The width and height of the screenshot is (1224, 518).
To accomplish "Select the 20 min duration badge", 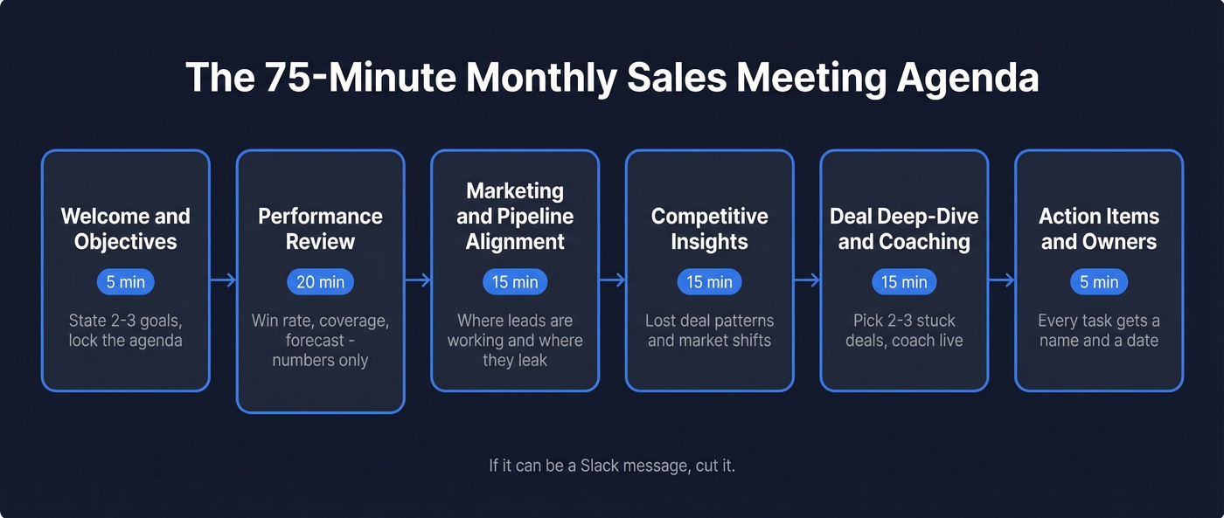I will pyautogui.click(x=320, y=282).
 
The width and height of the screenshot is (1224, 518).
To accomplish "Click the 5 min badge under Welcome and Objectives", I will pyautogui.click(x=126, y=282).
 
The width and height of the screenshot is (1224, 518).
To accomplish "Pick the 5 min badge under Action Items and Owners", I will pyautogui.click(x=1099, y=282).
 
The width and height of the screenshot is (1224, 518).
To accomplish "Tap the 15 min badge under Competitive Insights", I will pyautogui.click(x=709, y=282).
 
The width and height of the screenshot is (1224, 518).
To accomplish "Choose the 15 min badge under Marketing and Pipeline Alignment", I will pyautogui.click(x=515, y=282).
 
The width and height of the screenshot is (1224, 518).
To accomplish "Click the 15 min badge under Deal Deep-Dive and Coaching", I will pyautogui.click(x=904, y=282).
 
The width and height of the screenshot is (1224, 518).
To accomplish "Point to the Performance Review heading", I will pyautogui.click(x=320, y=229).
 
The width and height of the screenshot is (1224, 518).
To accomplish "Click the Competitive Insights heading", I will pyautogui.click(x=709, y=229).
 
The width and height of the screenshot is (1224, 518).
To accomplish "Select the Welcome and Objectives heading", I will pyautogui.click(x=126, y=229).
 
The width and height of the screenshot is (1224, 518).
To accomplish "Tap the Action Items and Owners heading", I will pyautogui.click(x=1099, y=229).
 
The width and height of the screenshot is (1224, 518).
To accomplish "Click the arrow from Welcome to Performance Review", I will pyautogui.click(x=223, y=280).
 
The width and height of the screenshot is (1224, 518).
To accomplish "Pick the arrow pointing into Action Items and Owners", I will pyautogui.click(x=1001, y=280).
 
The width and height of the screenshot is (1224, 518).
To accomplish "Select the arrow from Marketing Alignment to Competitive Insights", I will pyautogui.click(x=612, y=280).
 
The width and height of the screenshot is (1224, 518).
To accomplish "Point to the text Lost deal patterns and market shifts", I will pyautogui.click(x=709, y=331).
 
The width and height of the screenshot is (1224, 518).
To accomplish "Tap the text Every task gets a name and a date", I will pyautogui.click(x=1099, y=331).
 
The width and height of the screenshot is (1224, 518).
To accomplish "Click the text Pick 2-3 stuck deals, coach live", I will pyautogui.click(x=904, y=331).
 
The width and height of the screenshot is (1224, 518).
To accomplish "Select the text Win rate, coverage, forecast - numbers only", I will pyautogui.click(x=320, y=341).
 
